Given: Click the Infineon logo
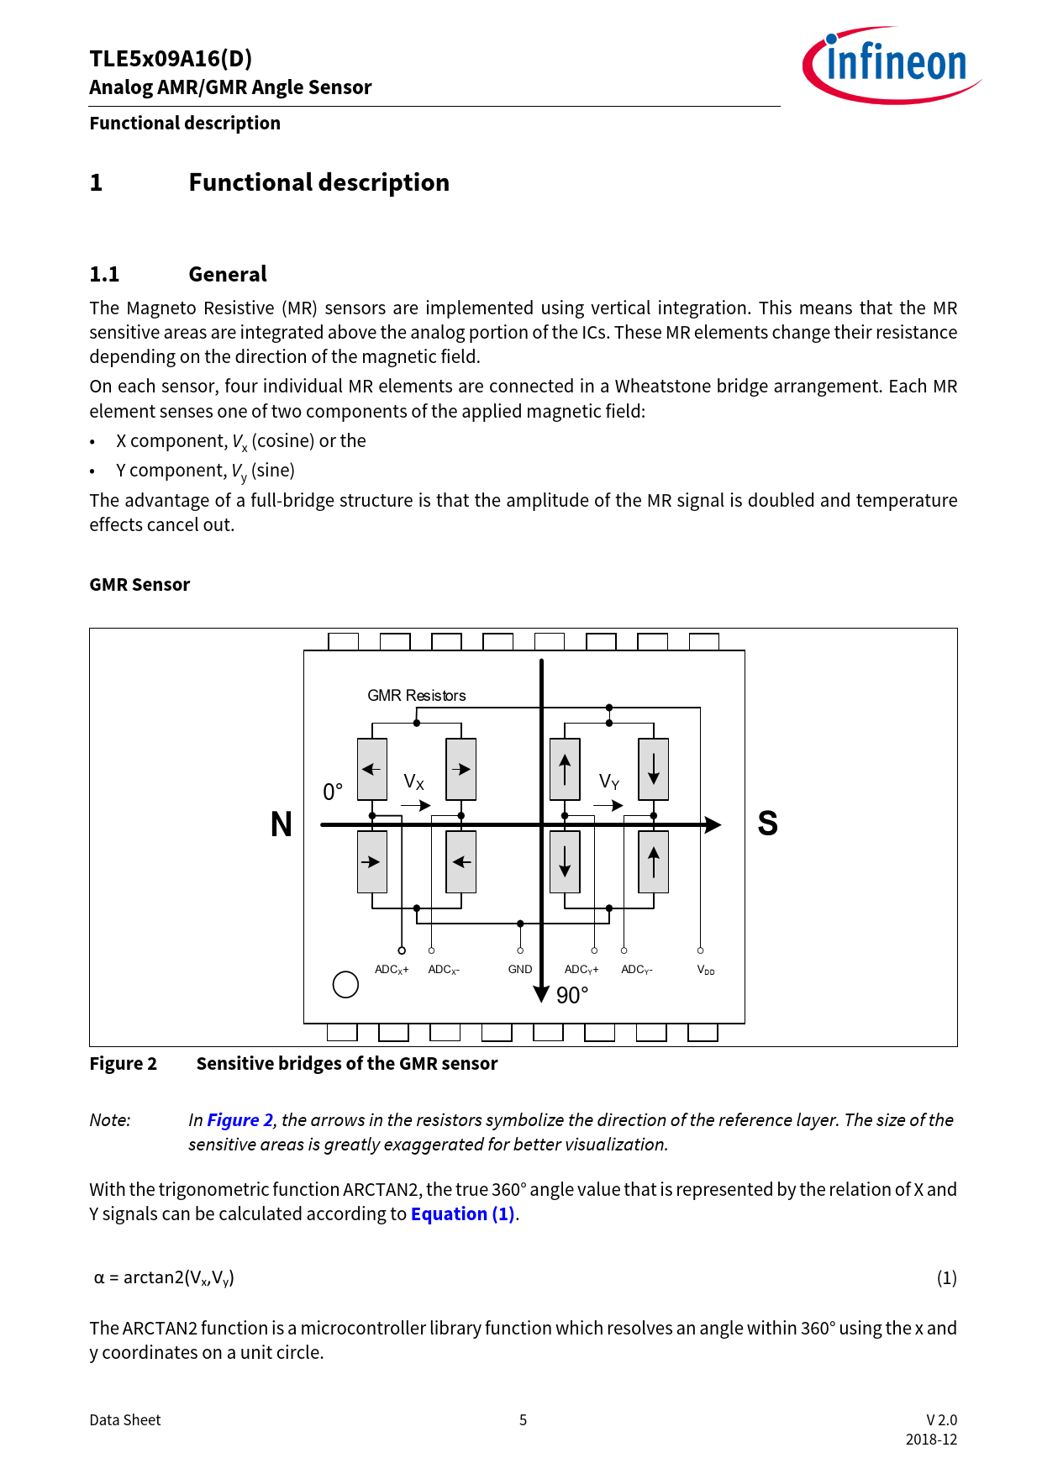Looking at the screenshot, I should (892, 66).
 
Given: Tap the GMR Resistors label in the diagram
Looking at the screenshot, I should (416, 695).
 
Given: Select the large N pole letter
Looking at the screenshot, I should (282, 824).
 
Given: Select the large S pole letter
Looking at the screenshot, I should (767, 824).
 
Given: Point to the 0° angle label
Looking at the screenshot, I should (333, 792).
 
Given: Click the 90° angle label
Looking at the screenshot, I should (572, 996).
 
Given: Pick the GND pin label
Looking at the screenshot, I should (520, 969).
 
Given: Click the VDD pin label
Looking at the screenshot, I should (706, 970).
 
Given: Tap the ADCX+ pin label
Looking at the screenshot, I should (392, 970).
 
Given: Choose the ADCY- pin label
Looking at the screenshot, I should (637, 970).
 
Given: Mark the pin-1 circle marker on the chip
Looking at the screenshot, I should (345, 984).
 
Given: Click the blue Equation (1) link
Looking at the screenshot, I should (462, 1214).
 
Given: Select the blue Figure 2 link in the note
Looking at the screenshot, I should (239, 1120).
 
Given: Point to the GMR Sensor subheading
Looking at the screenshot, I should (139, 585).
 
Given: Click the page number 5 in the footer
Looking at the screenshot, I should (523, 1420).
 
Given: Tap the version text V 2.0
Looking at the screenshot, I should (941, 1420).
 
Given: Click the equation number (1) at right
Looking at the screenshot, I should (946, 1278).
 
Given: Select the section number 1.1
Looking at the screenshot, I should (104, 275).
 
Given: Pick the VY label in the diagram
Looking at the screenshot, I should (609, 782).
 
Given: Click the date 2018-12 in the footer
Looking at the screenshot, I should (931, 1440).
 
